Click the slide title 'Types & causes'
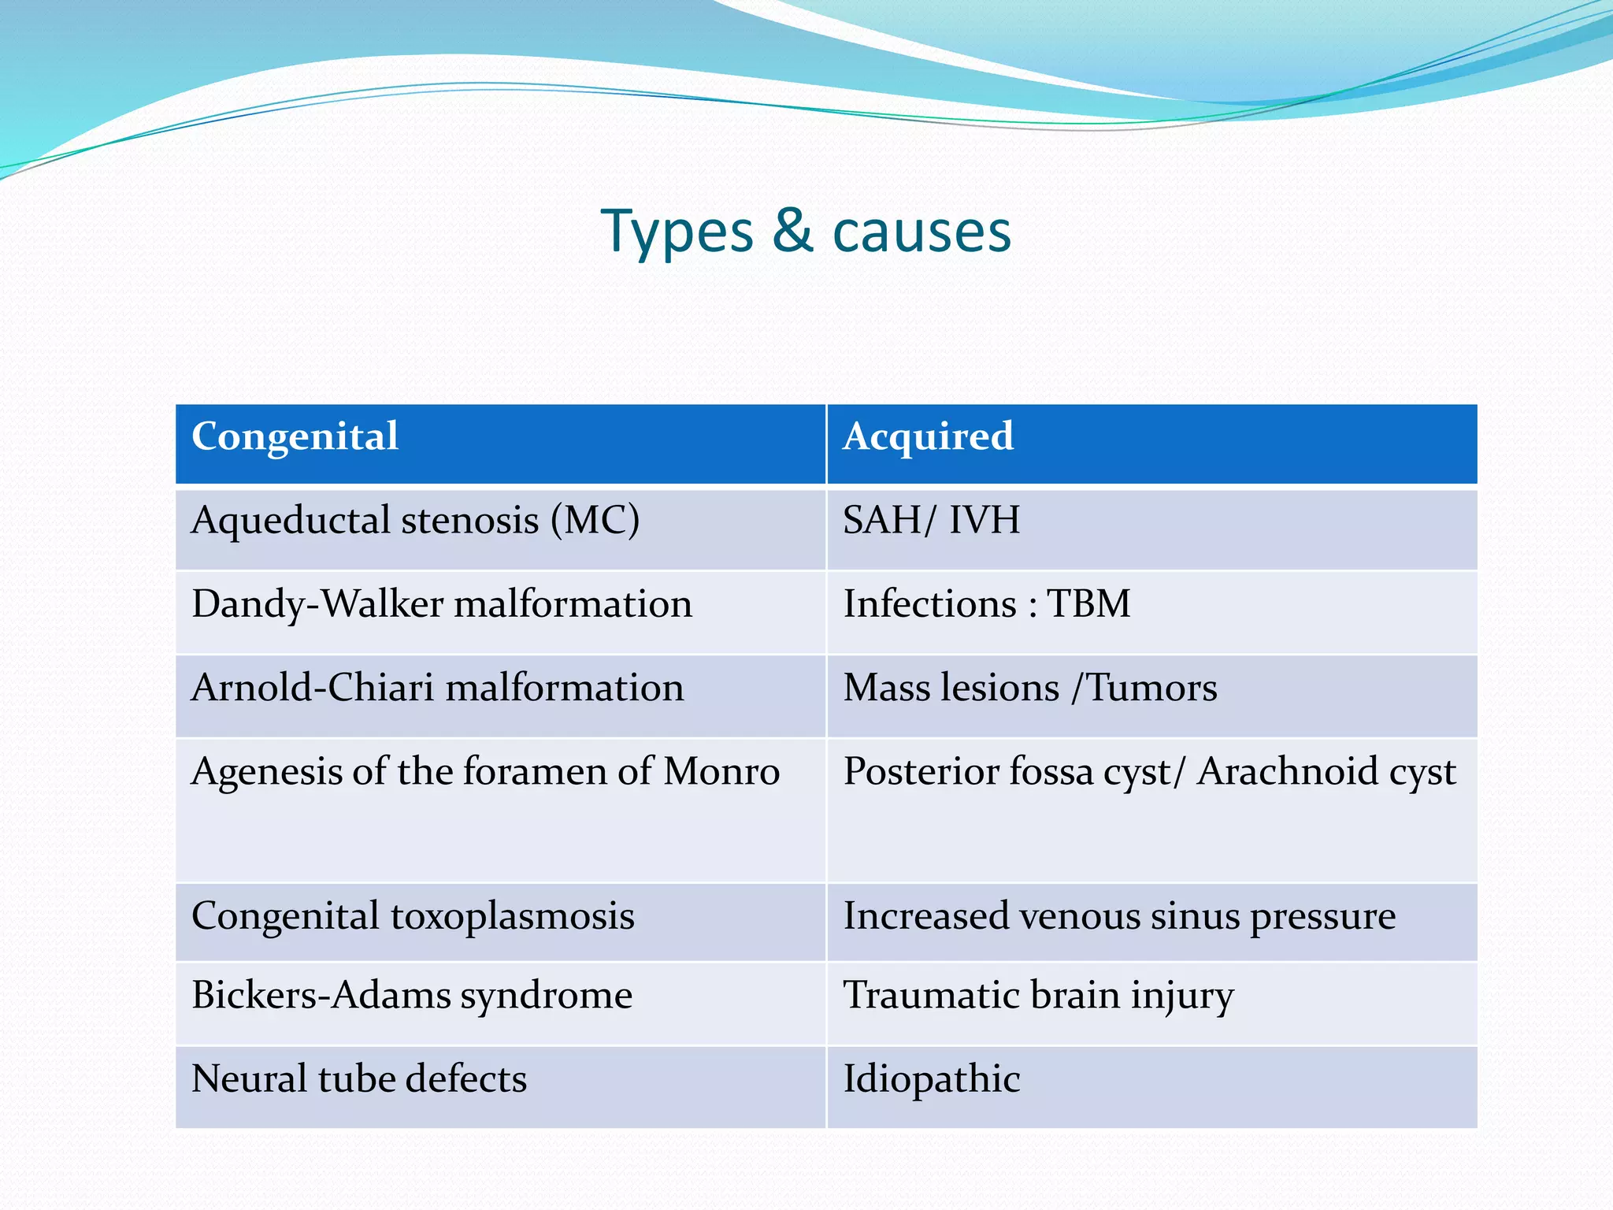tap(806, 232)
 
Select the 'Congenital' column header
tap(295, 437)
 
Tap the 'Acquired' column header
tap(928, 437)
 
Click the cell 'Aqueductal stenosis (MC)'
tap(415, 521)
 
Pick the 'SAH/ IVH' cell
tap(931, 521)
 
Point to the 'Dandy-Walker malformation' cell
tap(442, 605)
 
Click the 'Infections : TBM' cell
tap(986, 605)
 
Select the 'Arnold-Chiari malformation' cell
tap(438, 689)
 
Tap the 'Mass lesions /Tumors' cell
tap(1029, 689)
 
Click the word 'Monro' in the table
tap(721, 772)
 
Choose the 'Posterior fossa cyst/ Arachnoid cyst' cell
tap(1149, 772)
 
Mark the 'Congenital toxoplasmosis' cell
tap(413, 917)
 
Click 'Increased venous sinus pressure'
tap(1118, 917)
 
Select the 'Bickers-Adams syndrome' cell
tap(412, 996)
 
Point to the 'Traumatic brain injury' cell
tap(1038, 996)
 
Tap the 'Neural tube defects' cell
tap(359, 1079)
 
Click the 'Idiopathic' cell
tap(931, 1079)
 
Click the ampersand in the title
tap(792, 232)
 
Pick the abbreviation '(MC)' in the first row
tap(595, 521)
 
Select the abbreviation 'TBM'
tap(1088, 605)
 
